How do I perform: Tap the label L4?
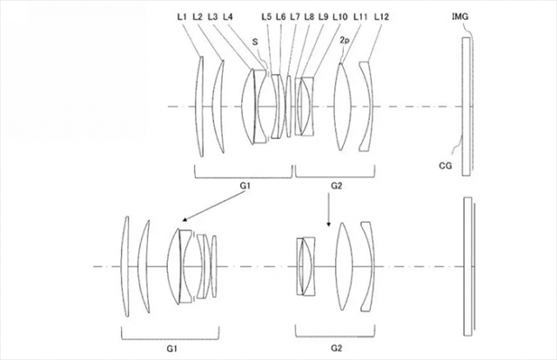tap(228, 17)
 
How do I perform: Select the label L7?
tap(295, 17)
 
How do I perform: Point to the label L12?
tap(379, 17)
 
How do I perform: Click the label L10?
tap(339, 17)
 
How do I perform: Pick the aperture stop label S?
tap(254, 40)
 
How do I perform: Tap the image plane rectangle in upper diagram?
tap(468, 106)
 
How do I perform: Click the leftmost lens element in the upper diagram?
tap(201, 106)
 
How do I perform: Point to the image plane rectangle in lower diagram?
tap(468, 265)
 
